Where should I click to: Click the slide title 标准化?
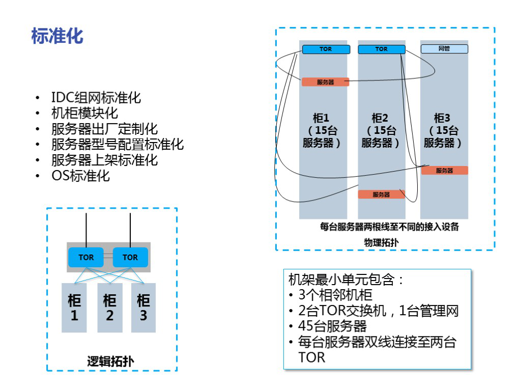(x=57, y=37)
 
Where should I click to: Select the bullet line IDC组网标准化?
(x=96, y=97)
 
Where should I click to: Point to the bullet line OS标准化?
(x=80, y=176)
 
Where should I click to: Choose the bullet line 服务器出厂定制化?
(x=104, y=129)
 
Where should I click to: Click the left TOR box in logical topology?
(x=86, y=257)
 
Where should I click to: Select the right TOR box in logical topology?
(x=130, y=257)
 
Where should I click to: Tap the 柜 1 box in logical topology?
(x=74, y=308)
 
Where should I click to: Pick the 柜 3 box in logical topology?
(x=143, y=308)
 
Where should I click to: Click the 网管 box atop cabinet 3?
(x=444, y=49)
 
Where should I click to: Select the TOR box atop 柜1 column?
(x=326, y=49)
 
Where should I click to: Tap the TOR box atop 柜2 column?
(x=382, y=49)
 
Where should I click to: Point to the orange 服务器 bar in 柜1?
(x=325, y=82)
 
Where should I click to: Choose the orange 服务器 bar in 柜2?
(x=381, y=194)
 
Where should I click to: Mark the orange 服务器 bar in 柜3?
(x=444, y=171)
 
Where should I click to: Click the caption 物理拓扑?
(x=381, y=242)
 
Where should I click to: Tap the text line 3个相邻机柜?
(x=335, y=295)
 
